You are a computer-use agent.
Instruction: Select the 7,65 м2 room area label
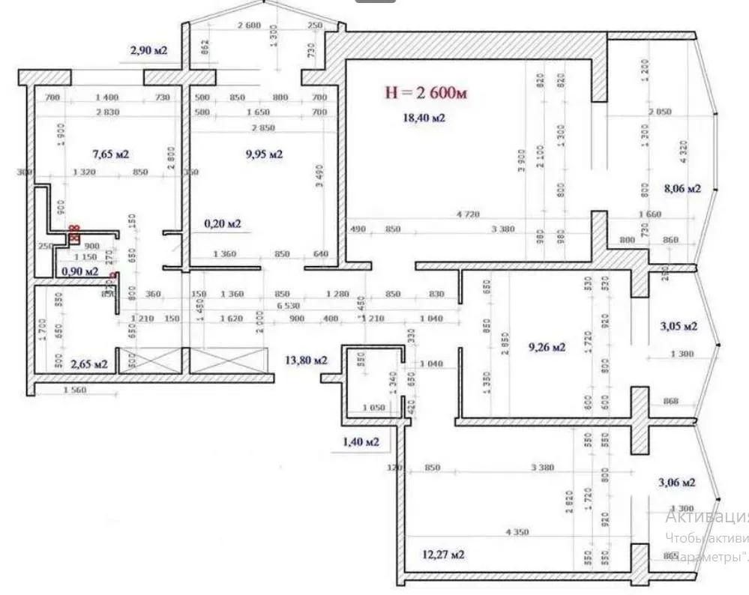coord(111,154)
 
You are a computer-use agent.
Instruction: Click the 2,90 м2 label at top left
coord(148,51)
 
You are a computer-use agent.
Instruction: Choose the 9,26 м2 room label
coord(547,347)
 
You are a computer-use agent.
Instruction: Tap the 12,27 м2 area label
coord(443,555)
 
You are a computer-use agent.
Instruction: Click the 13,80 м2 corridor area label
coord(307,360)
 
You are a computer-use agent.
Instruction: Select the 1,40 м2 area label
coord(361,442)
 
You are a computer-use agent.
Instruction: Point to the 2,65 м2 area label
coord(88,364)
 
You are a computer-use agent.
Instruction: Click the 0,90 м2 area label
coord(80,271)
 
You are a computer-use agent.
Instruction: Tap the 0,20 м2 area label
coord(223,223)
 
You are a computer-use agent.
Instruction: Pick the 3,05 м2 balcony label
coord(679,327)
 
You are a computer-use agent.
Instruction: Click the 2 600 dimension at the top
coord(248,26)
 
